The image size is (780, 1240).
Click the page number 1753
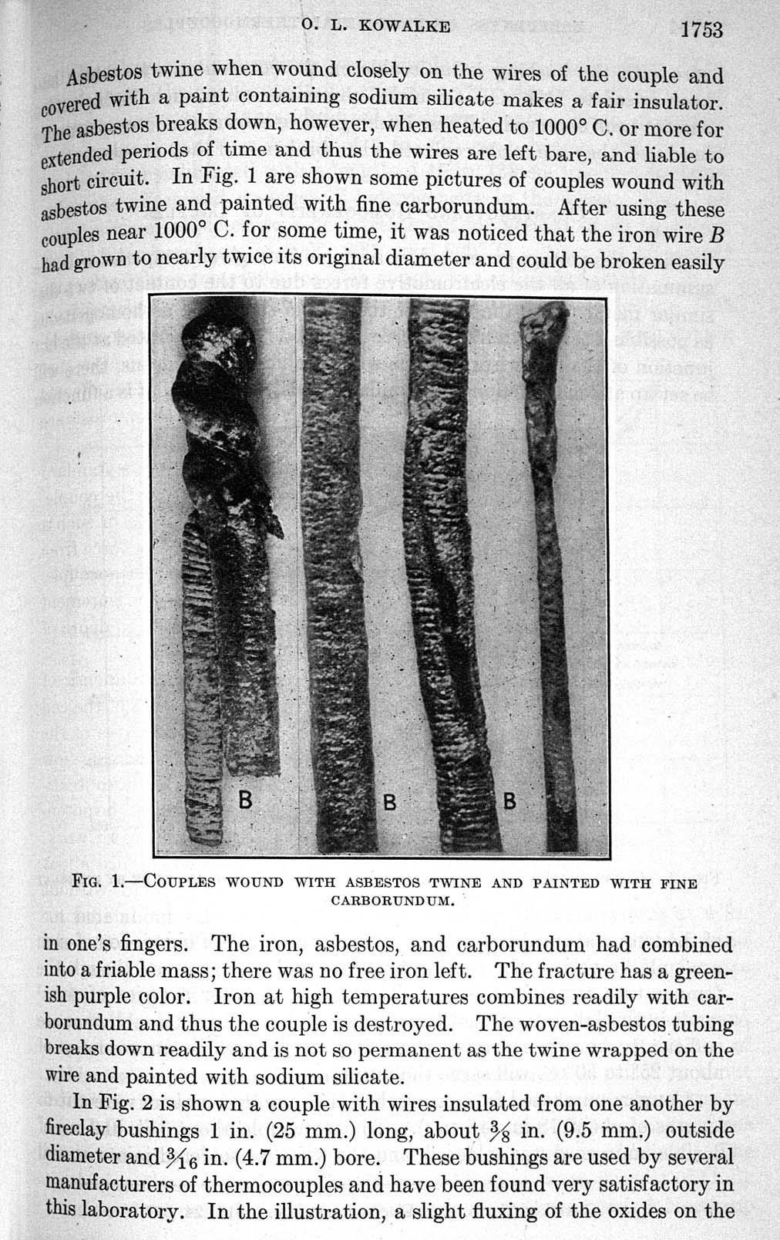tap(701, 30)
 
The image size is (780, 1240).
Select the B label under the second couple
tap(390, 802)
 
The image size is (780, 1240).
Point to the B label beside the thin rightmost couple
tap(509, 801)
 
